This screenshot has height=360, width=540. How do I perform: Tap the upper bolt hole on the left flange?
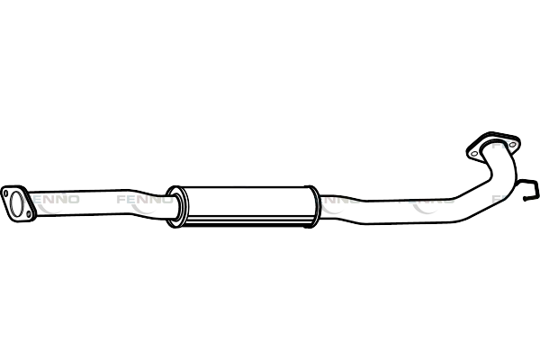point(9,191)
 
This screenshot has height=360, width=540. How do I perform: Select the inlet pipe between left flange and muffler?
point(99,200)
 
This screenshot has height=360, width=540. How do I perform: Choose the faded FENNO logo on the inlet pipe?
point(135,196)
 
